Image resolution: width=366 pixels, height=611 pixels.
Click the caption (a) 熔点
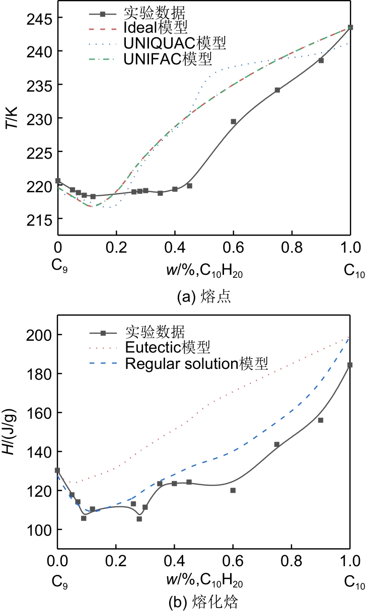point(204,297)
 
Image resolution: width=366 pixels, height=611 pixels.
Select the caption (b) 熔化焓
point(204,600)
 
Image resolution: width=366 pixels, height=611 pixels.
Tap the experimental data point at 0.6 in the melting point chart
point(233,121)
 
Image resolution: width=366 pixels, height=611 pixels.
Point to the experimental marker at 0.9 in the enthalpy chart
point(321,420)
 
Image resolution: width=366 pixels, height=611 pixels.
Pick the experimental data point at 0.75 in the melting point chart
point(277,90)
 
